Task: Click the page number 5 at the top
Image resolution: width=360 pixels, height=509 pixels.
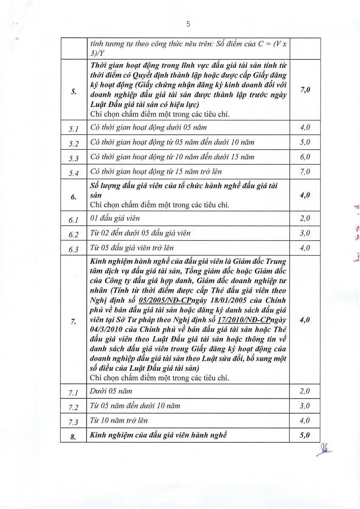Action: point(188,24)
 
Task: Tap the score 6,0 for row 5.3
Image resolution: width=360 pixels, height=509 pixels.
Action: point(305,157)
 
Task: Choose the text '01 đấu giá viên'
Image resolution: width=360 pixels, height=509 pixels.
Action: point(115,218)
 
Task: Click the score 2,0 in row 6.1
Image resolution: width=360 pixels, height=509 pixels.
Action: point(305,218)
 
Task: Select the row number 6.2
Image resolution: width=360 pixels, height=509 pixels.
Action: point(74,234)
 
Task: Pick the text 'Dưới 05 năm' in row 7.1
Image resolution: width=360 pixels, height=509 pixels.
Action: point(109,391)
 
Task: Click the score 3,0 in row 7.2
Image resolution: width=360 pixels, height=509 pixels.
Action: point(305,406)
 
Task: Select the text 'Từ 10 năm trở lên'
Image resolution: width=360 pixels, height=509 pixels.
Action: point(119,420)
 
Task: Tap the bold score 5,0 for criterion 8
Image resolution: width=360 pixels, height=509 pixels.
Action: point(305,435)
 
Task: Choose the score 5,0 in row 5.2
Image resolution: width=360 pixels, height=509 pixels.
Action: point(305,142)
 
